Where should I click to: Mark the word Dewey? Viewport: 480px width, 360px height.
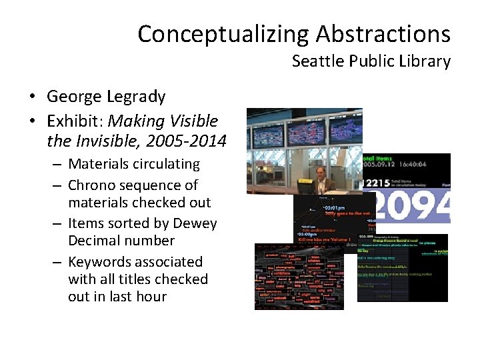coord(196,223)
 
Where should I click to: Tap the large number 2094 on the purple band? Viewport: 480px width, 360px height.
coord(410,206)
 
